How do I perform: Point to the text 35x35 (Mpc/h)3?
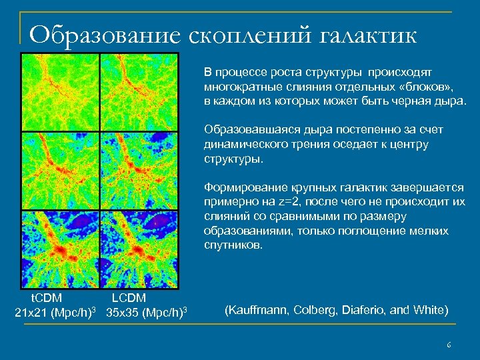pyautogui.click(x=146, y=312)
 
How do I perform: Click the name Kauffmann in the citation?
pyautogui.click(x=253, y=311)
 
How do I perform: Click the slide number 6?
pyautogui.click(x=449, y=345)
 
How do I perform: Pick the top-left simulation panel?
pyautogui.click(x=60, y=92)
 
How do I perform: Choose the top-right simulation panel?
pyautogui.click(x=139, y=92)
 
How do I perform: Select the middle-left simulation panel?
pyautogui.click(x=60, y=171)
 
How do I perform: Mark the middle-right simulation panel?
pyautogui.click(x=139, y=171)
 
